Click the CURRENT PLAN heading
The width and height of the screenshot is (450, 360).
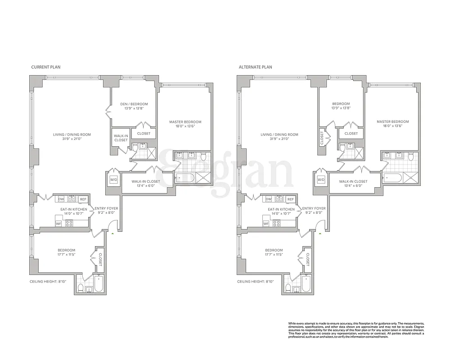coord(46,67)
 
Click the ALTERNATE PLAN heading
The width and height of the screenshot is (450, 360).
coord(255,67)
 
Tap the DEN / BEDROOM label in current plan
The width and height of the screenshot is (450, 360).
coord(134,104)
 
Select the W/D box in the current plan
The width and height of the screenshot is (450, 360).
coord(113,180)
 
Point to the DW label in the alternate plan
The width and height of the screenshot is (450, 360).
coord(269,199)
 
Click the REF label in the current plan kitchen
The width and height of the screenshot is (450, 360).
coord(83,199)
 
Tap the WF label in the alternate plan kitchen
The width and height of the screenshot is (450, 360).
coord(266,223)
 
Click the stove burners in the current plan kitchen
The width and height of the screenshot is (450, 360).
coord(69,223)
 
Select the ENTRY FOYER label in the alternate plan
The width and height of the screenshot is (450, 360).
coord(314,209)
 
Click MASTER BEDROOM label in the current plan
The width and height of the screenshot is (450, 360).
coord(185,122)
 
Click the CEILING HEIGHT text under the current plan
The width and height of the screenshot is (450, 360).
coord(47,282)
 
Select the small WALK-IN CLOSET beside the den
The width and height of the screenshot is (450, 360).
coord(121,138)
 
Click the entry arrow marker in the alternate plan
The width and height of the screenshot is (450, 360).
coord(320,234)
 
